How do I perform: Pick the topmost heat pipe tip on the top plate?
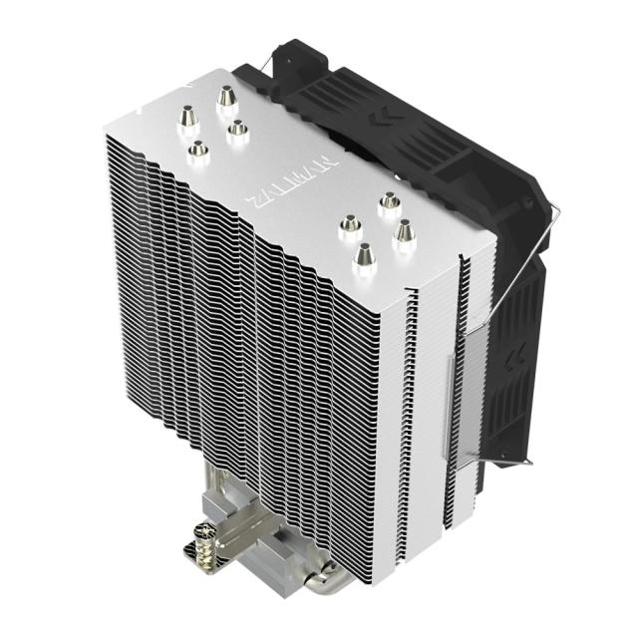click(x=226, y=97)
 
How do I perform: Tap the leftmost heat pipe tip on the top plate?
click(x=185, y=120)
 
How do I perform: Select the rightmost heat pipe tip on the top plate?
click(x=404, y=232)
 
